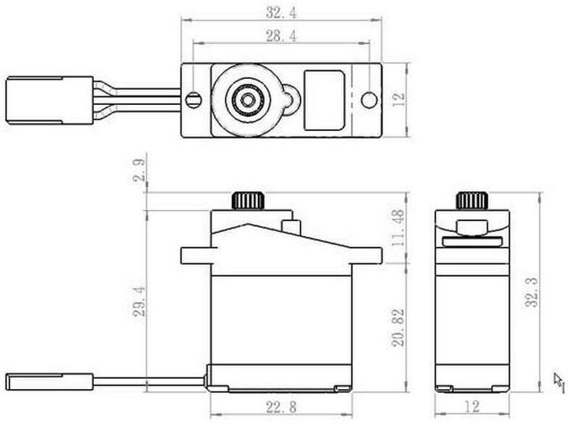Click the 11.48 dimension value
click(x=398, y=227)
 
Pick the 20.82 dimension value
click(x=398, y=327)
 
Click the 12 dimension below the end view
click(x=471, y=407)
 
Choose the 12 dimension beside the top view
click(x=399, y=99)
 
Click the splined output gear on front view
click(x=248, y=200)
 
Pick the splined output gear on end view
click(x=471, y=200)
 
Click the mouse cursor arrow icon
click(x=559, y=381)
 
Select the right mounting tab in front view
click(x=365, y=255)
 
